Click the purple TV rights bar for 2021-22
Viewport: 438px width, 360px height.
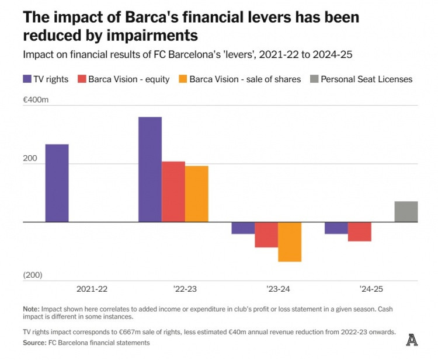click(x=57, y=183)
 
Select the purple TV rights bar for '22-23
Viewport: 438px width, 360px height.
click(x=150, y=169)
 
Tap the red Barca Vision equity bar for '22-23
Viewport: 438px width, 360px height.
click(x=173, y=191)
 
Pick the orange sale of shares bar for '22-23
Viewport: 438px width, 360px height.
click(x=197, y=194)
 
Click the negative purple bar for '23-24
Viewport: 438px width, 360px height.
click(x=243, y=228)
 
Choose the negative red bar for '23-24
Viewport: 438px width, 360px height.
click(x=266, y=235)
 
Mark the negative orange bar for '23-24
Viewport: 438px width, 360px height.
click(x=290, y=242)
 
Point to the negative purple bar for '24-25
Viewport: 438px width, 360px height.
click(x=336, y=228)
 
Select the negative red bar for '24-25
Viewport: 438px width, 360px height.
click(x=360, y=232)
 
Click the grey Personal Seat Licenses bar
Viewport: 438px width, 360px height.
click(x=406, y=211)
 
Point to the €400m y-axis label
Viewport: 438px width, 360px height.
click(x=36, y=100)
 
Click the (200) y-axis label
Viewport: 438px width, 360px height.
click(x=33, y=275)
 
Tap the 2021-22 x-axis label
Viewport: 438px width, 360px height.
click(x=92, y=289)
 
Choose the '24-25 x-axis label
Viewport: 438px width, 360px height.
click(x=371, y=289)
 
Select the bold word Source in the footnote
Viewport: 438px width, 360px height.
click(x=34, y=342)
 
